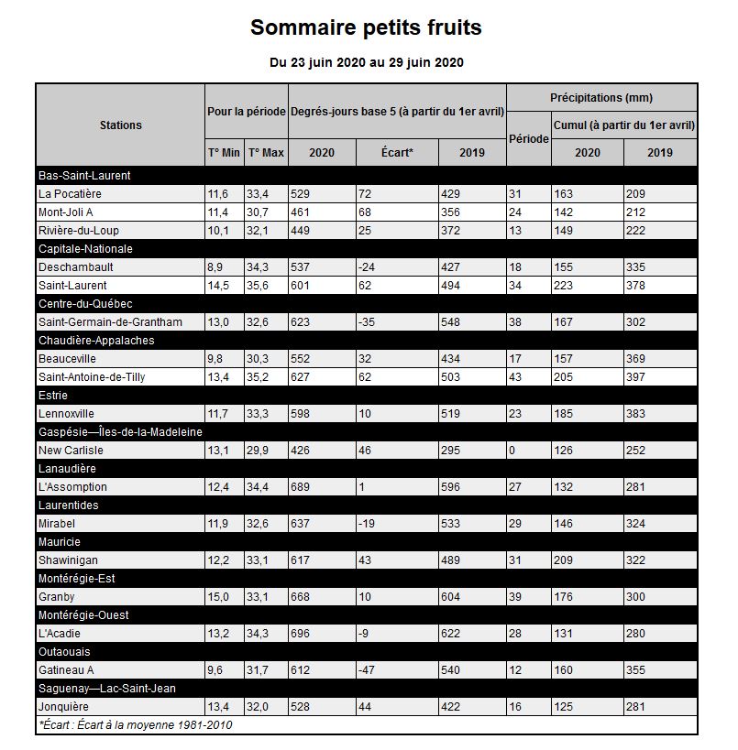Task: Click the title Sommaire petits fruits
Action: [366, 27]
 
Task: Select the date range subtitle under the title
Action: [366, 62]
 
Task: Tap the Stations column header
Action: [120, 125]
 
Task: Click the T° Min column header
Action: [225, 153]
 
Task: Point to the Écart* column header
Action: [397, 153]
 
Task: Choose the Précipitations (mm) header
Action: [601, 98]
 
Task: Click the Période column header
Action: [529, 139]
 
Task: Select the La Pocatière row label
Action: [70, 194]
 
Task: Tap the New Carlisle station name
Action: [71, 451]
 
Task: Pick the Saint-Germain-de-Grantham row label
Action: [110, 322]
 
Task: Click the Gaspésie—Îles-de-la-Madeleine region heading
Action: [120, 432]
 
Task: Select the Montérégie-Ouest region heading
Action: [83, 615]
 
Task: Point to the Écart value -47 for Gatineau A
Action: [369, 670]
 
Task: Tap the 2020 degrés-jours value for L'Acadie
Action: [303, 634]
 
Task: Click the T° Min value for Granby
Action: [218, 597]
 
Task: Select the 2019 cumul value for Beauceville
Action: [636, 359]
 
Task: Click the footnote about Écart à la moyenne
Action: [136, 725]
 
